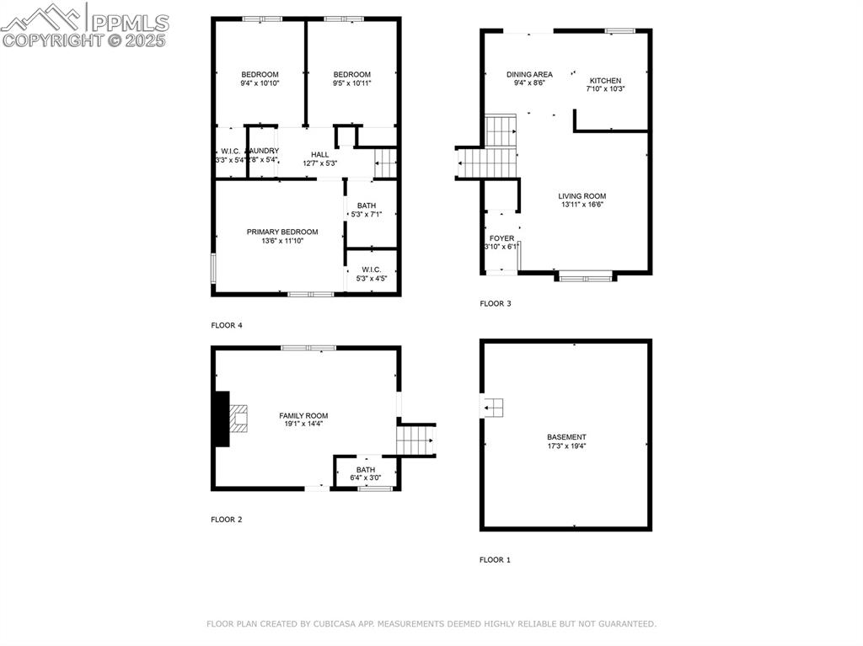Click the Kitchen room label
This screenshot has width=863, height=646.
(605, 81)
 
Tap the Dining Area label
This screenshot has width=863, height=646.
(529, 74)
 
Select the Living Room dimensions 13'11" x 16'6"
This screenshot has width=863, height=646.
(582, 205)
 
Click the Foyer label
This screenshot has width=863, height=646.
(501, 238)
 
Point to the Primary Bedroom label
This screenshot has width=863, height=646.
(282, 232)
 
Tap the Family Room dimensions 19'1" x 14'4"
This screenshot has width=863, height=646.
(303, 424)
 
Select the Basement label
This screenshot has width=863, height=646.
(566, 437)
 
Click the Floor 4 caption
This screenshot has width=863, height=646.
(226, 325)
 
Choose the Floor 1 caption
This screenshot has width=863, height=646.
(495, 559)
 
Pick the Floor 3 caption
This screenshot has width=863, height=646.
(495, 303)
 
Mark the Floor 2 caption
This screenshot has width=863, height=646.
(226, 520)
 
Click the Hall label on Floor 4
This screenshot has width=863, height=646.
(320, 154)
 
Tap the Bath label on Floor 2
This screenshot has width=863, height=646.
(366, 470)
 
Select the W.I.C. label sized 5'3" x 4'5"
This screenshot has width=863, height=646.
(372, 270)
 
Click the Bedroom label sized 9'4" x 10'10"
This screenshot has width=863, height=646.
(260, 74)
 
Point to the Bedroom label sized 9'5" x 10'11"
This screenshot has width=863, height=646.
(351, 74)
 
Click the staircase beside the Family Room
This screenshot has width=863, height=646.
(415, 440)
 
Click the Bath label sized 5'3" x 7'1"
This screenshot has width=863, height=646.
(367, 206)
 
